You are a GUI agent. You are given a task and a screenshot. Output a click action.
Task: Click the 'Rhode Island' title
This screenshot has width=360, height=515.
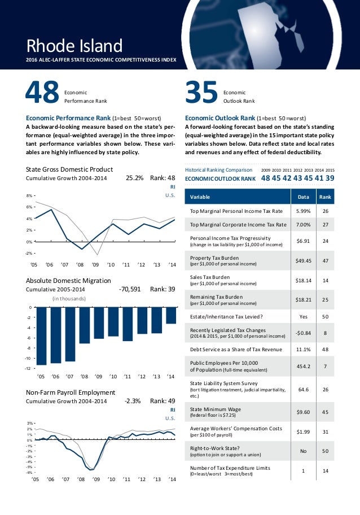click(74, 45)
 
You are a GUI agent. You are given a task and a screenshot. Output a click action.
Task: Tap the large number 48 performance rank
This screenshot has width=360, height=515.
click(42, 93)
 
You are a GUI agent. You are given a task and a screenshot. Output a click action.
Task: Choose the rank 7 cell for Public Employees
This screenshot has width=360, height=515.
click(324, 365)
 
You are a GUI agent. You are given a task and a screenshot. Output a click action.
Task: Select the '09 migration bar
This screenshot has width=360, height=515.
click(99, 323)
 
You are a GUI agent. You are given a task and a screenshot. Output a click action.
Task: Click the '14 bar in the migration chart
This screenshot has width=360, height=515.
click(172, 315)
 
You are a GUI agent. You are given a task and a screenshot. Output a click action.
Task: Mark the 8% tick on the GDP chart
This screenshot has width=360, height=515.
click(29, 195)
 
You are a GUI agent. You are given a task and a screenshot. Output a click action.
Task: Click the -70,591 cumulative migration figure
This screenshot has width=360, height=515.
click(130, 289)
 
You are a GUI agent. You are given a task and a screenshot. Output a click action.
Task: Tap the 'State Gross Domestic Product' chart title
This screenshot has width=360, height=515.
click(70, 169)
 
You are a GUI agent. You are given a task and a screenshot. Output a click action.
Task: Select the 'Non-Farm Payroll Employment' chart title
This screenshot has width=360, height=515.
click(71, 392)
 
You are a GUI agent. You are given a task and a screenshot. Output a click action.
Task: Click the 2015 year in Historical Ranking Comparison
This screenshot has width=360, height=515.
click(330, 169)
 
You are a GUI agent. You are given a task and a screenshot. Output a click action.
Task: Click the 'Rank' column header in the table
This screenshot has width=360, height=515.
click(324, 197)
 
